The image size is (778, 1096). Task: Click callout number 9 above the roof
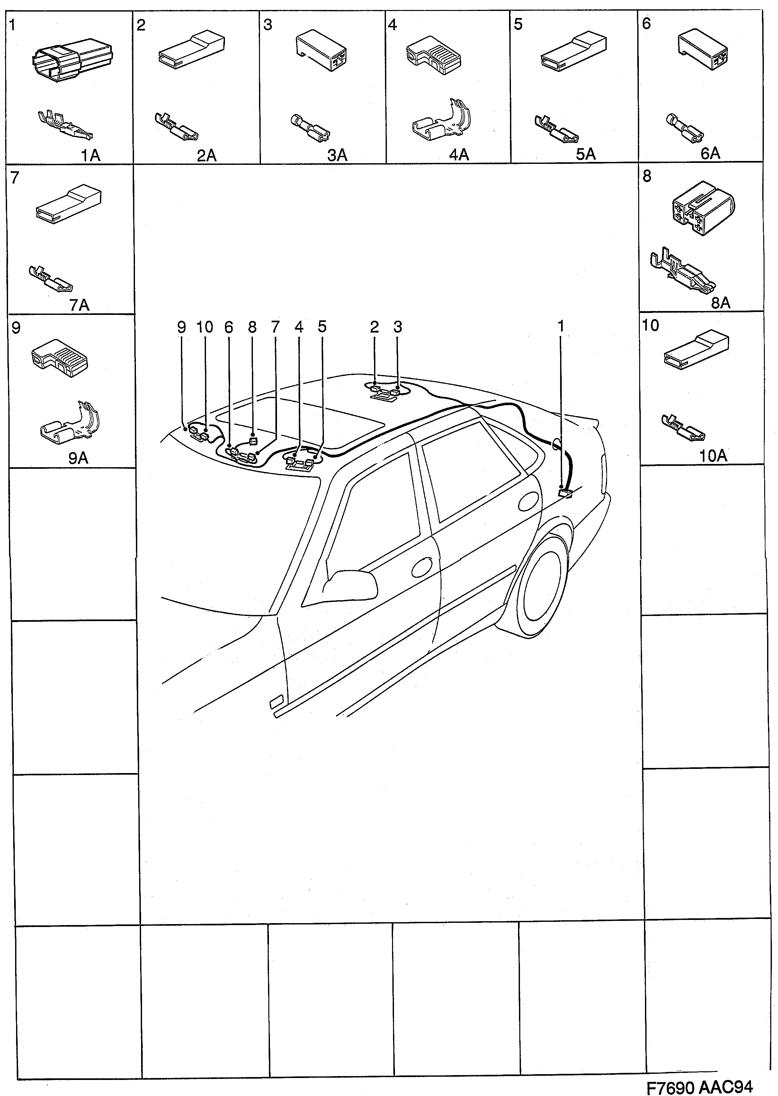coord(181,327)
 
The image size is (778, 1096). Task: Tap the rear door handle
coord(528,503)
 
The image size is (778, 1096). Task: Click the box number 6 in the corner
coord(646,23)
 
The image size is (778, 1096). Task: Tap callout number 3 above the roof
coord(398,327)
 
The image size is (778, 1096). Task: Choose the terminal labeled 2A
coord(178,128)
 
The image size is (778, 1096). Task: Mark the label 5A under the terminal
coord(586,154)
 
